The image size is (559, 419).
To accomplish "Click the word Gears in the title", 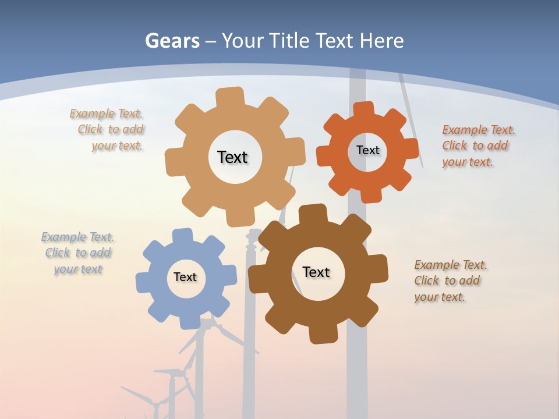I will coord(172,41).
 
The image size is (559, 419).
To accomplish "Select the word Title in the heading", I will coord(289,41).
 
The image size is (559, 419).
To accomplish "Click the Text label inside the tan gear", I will coord(232,157).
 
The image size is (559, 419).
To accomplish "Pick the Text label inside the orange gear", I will coord(367,150).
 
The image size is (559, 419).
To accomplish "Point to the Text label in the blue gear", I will coord(185,277).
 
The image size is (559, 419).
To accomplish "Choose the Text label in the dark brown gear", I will coord(316,272).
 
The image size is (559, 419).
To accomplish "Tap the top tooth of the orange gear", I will coord(363,110).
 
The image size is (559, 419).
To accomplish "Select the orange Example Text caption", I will coord(477,145).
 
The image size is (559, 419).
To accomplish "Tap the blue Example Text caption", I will coord(78,253).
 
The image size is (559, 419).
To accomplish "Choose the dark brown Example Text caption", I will coord(450,280).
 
